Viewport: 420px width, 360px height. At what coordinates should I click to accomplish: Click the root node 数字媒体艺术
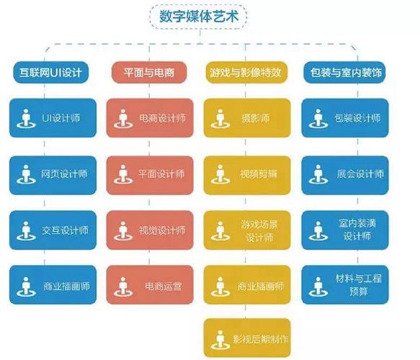tap(198, 17)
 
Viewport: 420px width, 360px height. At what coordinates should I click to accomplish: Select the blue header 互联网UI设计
tap(51, 72)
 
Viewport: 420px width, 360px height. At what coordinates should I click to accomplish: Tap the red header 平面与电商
tap(149, 72)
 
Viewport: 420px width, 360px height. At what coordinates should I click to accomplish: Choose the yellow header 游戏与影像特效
tap(246, 72)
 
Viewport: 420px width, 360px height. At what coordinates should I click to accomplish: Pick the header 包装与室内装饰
tap(344, 72)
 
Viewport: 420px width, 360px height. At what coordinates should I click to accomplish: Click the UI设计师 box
tap(53, 118)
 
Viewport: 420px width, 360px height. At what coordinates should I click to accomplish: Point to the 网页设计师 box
tap(53, 175)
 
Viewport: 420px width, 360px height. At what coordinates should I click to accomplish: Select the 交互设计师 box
tap(53, 230)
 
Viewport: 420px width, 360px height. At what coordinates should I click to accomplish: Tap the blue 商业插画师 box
tap(53, 285)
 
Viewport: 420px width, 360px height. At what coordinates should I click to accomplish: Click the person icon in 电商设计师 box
tap(123, 119)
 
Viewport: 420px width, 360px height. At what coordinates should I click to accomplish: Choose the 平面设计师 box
tap(150, 175)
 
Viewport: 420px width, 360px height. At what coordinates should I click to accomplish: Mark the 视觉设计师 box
tap(150, 230)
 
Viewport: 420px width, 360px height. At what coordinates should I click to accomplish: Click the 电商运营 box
tap(150, 285)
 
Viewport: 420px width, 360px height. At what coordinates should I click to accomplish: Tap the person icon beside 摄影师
tap(220, 119)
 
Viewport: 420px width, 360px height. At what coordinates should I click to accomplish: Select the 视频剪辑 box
tap(247, 175)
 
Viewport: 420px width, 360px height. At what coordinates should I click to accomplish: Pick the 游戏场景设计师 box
tap(247, 230)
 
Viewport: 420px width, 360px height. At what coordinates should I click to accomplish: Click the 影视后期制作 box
tap(247, 338)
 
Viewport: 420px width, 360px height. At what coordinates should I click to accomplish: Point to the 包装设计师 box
tap(345, 118)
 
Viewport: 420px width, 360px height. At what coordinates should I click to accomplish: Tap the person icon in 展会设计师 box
tap(318, 174)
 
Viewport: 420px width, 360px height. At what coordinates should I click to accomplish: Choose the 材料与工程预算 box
tap(345, 285)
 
